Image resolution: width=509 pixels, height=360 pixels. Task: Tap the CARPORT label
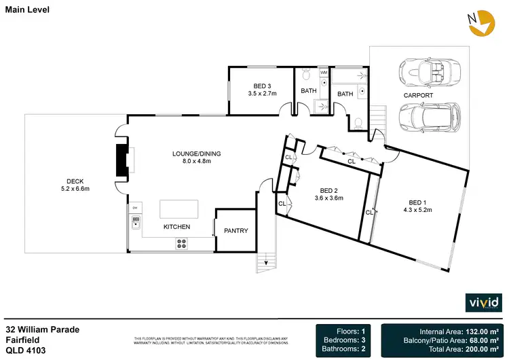tap(418, 96)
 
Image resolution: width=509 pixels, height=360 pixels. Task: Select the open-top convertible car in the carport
tap(426, 71)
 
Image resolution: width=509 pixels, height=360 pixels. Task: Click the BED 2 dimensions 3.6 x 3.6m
tap(328, 198)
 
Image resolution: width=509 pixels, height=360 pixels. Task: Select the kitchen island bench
tap(179, 208)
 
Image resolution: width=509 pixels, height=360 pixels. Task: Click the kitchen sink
tap(135, 221)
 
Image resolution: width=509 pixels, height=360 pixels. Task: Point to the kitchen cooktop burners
tap(183, 244)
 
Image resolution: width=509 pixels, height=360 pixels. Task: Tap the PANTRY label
tap(236, 231)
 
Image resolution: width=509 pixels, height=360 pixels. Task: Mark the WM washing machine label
tap(324, 71)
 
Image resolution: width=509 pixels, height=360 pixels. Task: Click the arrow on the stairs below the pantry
tap(266, 263)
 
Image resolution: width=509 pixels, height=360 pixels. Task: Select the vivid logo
tap(483, 302)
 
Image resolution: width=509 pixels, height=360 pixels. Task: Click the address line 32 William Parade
tap(43, 329)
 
